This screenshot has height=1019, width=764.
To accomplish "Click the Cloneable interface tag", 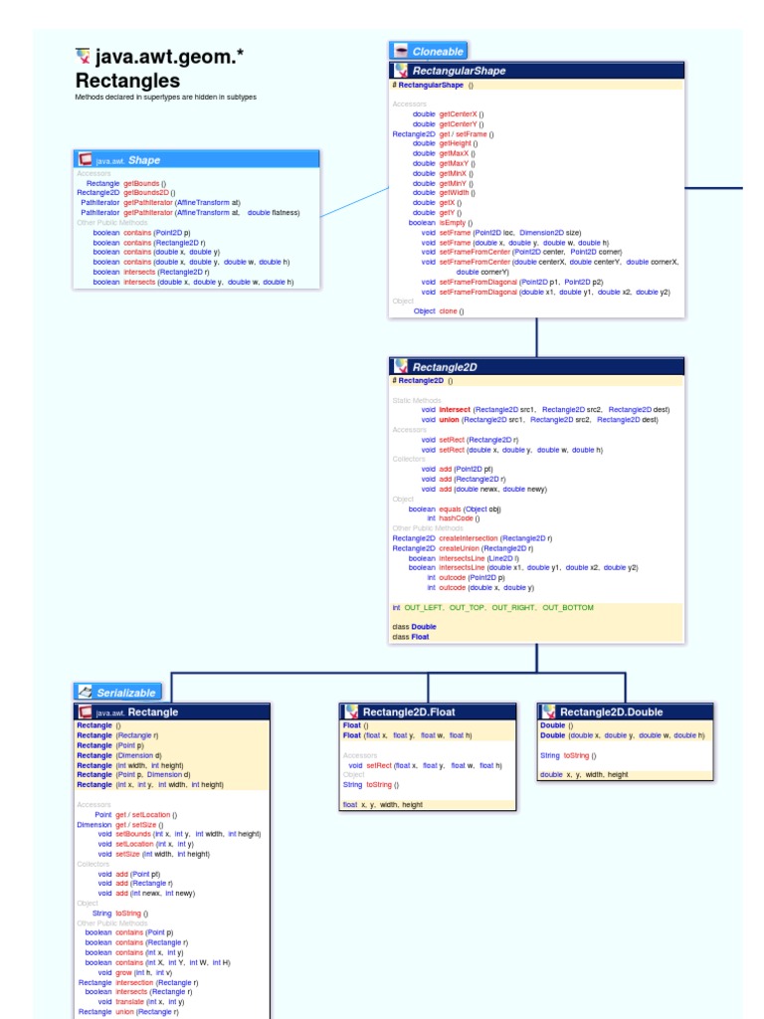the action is coord(428,51).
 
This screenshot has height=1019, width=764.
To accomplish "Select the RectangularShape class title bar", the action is coord(536,71).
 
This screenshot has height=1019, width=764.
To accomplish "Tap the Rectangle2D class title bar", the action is coord(536,366).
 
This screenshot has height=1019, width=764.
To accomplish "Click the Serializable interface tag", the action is coord(116,692).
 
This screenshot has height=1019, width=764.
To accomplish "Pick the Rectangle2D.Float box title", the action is coord(428,712).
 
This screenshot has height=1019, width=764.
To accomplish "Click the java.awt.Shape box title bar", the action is coord(197,159).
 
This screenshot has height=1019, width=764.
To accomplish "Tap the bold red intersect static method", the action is coord(455,409).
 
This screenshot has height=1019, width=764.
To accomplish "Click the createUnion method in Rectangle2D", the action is coord(462,548).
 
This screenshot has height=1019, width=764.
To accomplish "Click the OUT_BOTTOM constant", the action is coord(568,606).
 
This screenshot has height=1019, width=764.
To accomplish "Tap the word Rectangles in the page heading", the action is coord(127,81).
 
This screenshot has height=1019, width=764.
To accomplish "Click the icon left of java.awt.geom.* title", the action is coord(84,57).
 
